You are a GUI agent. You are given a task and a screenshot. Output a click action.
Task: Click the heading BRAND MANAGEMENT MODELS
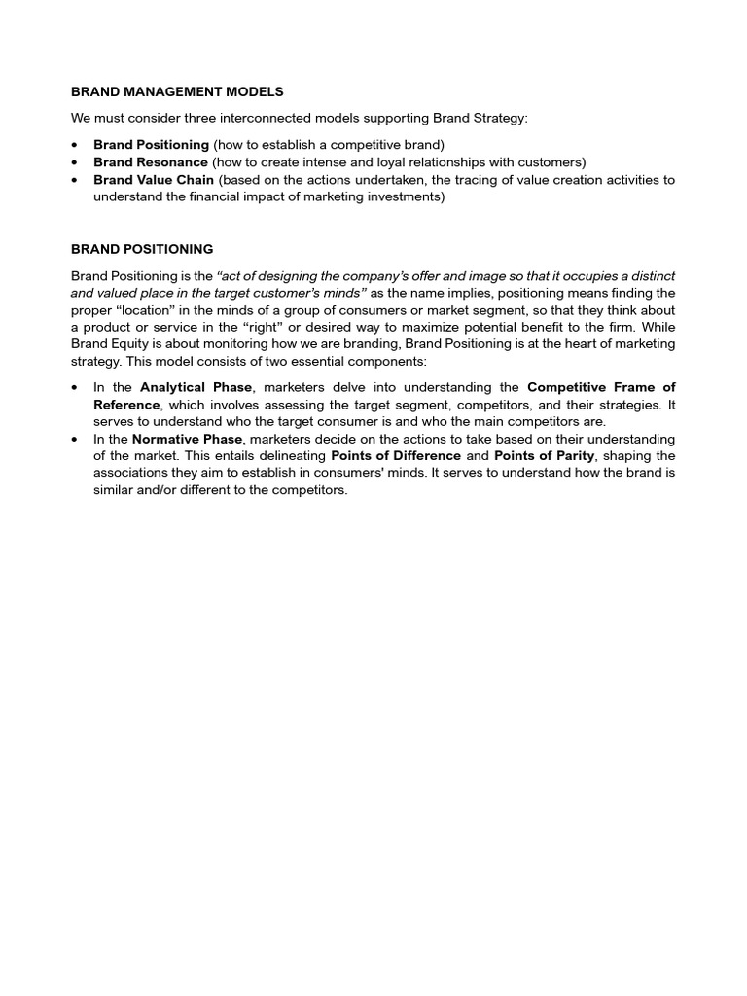[177, 91]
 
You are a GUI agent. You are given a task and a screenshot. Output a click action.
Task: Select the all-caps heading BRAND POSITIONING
[142, 249]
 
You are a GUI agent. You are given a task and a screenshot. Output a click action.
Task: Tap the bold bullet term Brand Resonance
[150, 162]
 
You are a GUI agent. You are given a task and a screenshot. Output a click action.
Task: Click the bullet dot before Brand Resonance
[76, 162]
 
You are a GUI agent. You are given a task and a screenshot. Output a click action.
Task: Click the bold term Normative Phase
[187, 439]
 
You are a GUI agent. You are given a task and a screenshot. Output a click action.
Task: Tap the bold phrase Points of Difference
[396, 455]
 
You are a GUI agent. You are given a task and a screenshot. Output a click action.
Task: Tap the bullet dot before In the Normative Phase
[76, 439]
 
